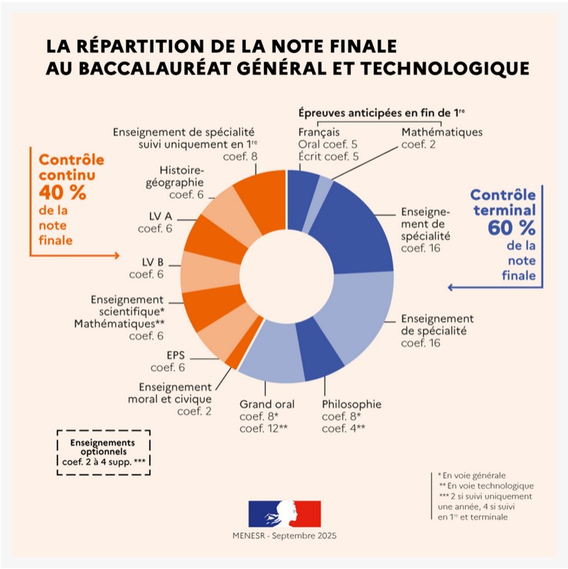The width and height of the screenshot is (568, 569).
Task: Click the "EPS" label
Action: tap(176, 355)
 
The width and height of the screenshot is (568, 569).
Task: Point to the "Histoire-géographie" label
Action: tap(181, 176)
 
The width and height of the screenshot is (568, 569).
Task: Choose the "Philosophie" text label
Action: tap(351, 404)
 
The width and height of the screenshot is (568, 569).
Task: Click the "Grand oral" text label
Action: tap(267, 404)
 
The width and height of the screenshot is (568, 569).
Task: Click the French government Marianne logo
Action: tap(284, 512)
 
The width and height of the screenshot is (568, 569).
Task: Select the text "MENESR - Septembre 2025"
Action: tap(284, 535)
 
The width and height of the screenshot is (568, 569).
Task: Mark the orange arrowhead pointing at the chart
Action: tap(117, 254)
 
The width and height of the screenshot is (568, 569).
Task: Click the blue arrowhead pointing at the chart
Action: tap(451, 287)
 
